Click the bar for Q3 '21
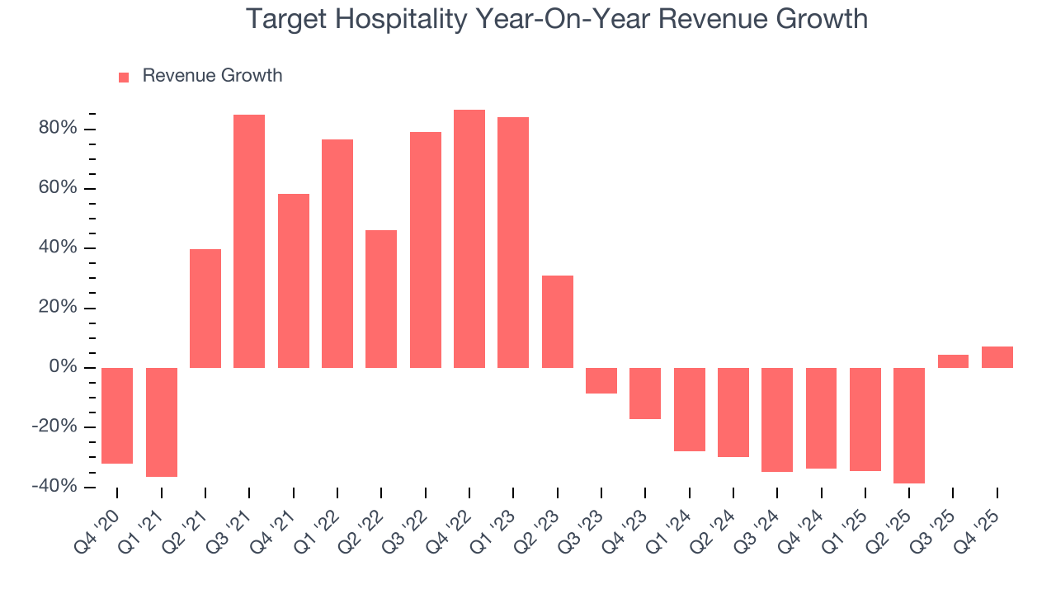[x=249, y=241]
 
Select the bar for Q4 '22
[x=469, y=238]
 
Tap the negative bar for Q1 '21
[x=162, y=422]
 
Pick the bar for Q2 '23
[x=558, y=322]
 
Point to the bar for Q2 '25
[x=909, y=425]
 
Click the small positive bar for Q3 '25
[x=953, y=361]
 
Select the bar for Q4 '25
[x=997, y=357]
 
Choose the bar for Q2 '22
[x=381, y=299]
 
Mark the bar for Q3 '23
[x=601, y=380]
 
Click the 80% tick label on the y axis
[x=57, y=129]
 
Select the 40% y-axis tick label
[x=57, y=248]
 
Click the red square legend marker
[x=124, y=77]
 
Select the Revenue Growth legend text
[x=212, y=76]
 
